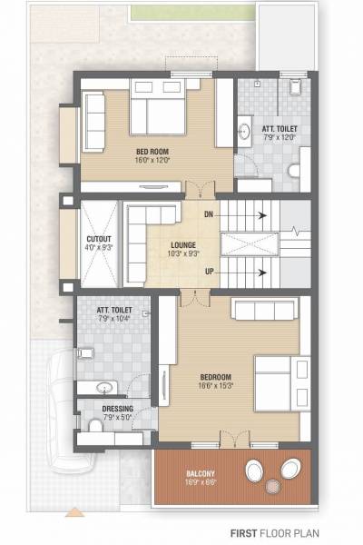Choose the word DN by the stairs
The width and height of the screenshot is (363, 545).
[209, 215]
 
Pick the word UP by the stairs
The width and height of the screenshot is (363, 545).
[209, 272]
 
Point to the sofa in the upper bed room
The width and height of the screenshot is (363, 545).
[94, 121]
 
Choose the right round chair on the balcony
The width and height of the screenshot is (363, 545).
[290, 470]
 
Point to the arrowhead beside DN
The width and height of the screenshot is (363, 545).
[261, 215]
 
